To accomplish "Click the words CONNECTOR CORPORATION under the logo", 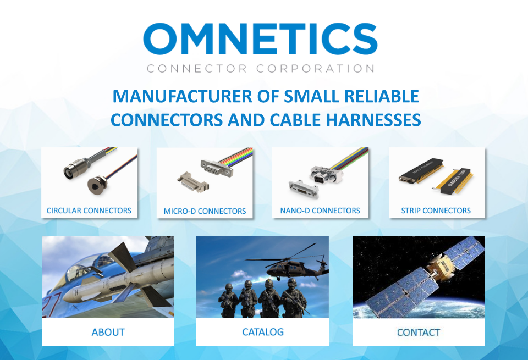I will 260,69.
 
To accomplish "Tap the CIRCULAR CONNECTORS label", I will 89,211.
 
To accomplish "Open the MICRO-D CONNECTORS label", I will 205,211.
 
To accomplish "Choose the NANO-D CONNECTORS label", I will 320,211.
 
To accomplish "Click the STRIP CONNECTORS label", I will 436,211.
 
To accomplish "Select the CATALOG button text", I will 263,332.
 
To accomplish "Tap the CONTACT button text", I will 419,333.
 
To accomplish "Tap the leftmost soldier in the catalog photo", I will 228,300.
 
